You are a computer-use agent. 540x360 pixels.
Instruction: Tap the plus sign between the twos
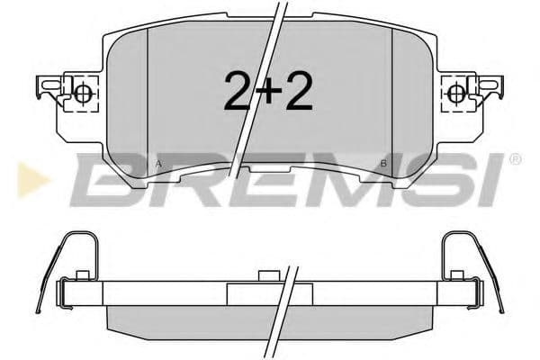[x=268, y=92]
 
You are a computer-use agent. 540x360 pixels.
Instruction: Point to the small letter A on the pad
[x=159, y=164]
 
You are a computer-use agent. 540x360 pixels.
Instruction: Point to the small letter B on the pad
[x=383, y=164]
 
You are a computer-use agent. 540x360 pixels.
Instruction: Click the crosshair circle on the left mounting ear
[x=82, y=92]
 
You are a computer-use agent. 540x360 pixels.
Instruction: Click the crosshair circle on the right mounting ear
[x=456, y=92]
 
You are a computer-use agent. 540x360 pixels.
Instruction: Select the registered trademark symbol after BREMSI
[x=515, y=160]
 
